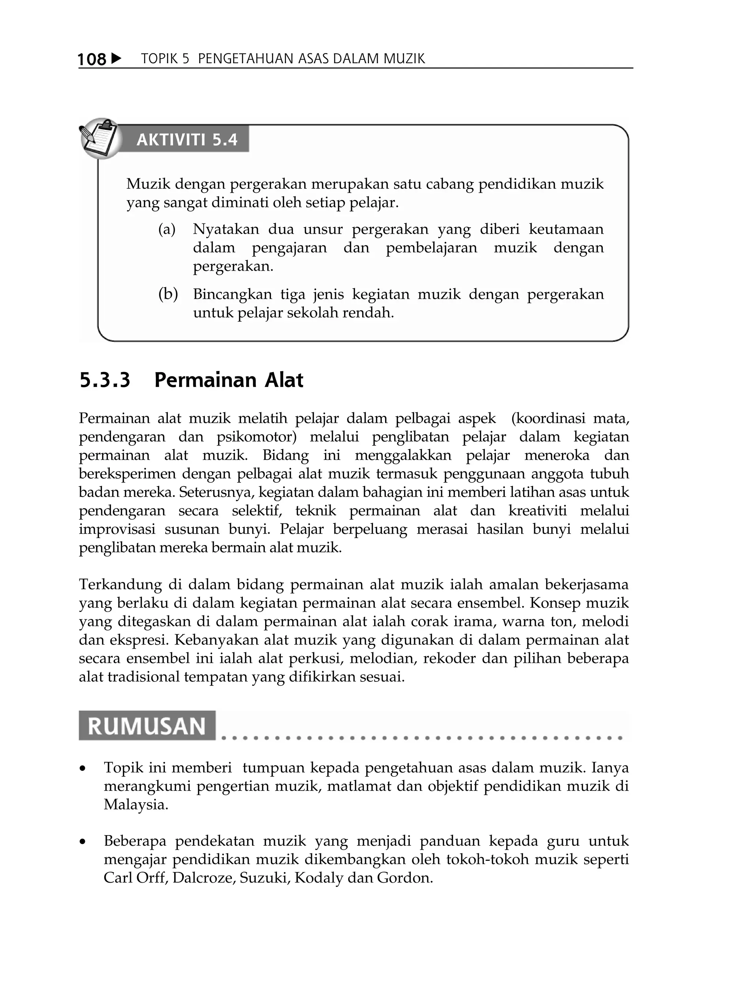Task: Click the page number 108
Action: tap(92, 59)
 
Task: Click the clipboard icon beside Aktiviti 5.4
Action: tap(100, 138)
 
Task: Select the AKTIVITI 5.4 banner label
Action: tap(187, 140)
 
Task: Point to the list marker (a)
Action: tap(167, 229)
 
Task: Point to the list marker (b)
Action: tap(168, 294)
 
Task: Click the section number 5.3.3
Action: tap(105, 380)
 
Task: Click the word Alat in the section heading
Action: tap(283, 380)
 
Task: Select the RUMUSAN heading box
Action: tap(147, 726)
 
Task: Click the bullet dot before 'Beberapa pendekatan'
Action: tap(82, 842)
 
